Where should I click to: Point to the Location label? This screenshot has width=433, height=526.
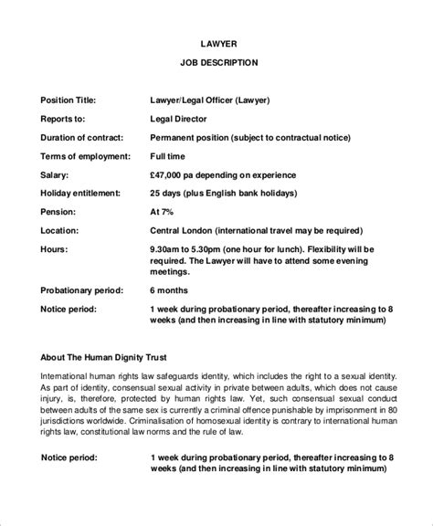click(x=60, y=230)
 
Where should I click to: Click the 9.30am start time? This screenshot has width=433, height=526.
click(x=168, y=248)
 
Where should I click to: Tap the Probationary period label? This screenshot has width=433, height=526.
click(x=81, y=290)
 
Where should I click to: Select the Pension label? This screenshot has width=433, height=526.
click(x=60, y=212)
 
